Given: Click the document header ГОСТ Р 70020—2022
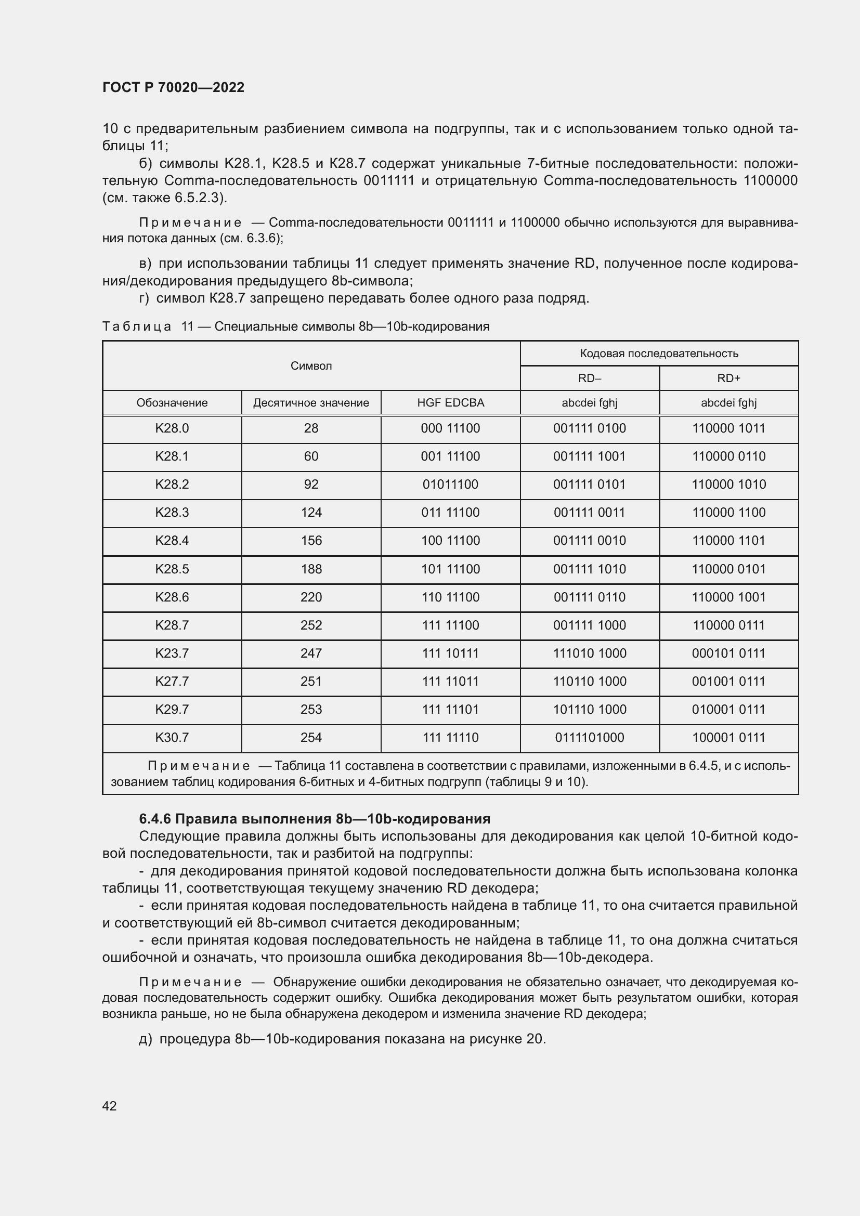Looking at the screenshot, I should click(x=173, y=88).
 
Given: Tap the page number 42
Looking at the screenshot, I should click(x=109, y=1106).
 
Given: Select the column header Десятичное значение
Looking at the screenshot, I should click(x=311, y=403).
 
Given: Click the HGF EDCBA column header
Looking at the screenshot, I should click(x=450, y=403).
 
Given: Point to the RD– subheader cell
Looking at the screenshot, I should click(x=590, y=378).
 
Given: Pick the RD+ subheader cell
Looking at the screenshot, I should click(x=728, y=378).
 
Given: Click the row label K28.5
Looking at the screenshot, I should click(x=172, y=569).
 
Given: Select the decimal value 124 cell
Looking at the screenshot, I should click(x=311, y=513).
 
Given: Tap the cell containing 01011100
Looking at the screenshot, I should click(x=450, y=485).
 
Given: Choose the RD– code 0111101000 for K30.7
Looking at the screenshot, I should click(x=590, y=738).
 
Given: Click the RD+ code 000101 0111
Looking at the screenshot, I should click(x=728, y=653).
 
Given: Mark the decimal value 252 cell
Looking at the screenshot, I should click(x=311, y=625).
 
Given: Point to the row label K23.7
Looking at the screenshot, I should click(x=172, y=653).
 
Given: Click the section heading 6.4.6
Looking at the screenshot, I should click(x=315, y=819).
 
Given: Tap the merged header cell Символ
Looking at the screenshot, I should click(x=311, y=366).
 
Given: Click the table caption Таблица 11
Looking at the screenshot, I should click(x=295, y=327).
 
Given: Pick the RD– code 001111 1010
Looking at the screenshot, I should click(x=590, y=569).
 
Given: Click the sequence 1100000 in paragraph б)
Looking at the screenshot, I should click(x=770, y=180).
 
